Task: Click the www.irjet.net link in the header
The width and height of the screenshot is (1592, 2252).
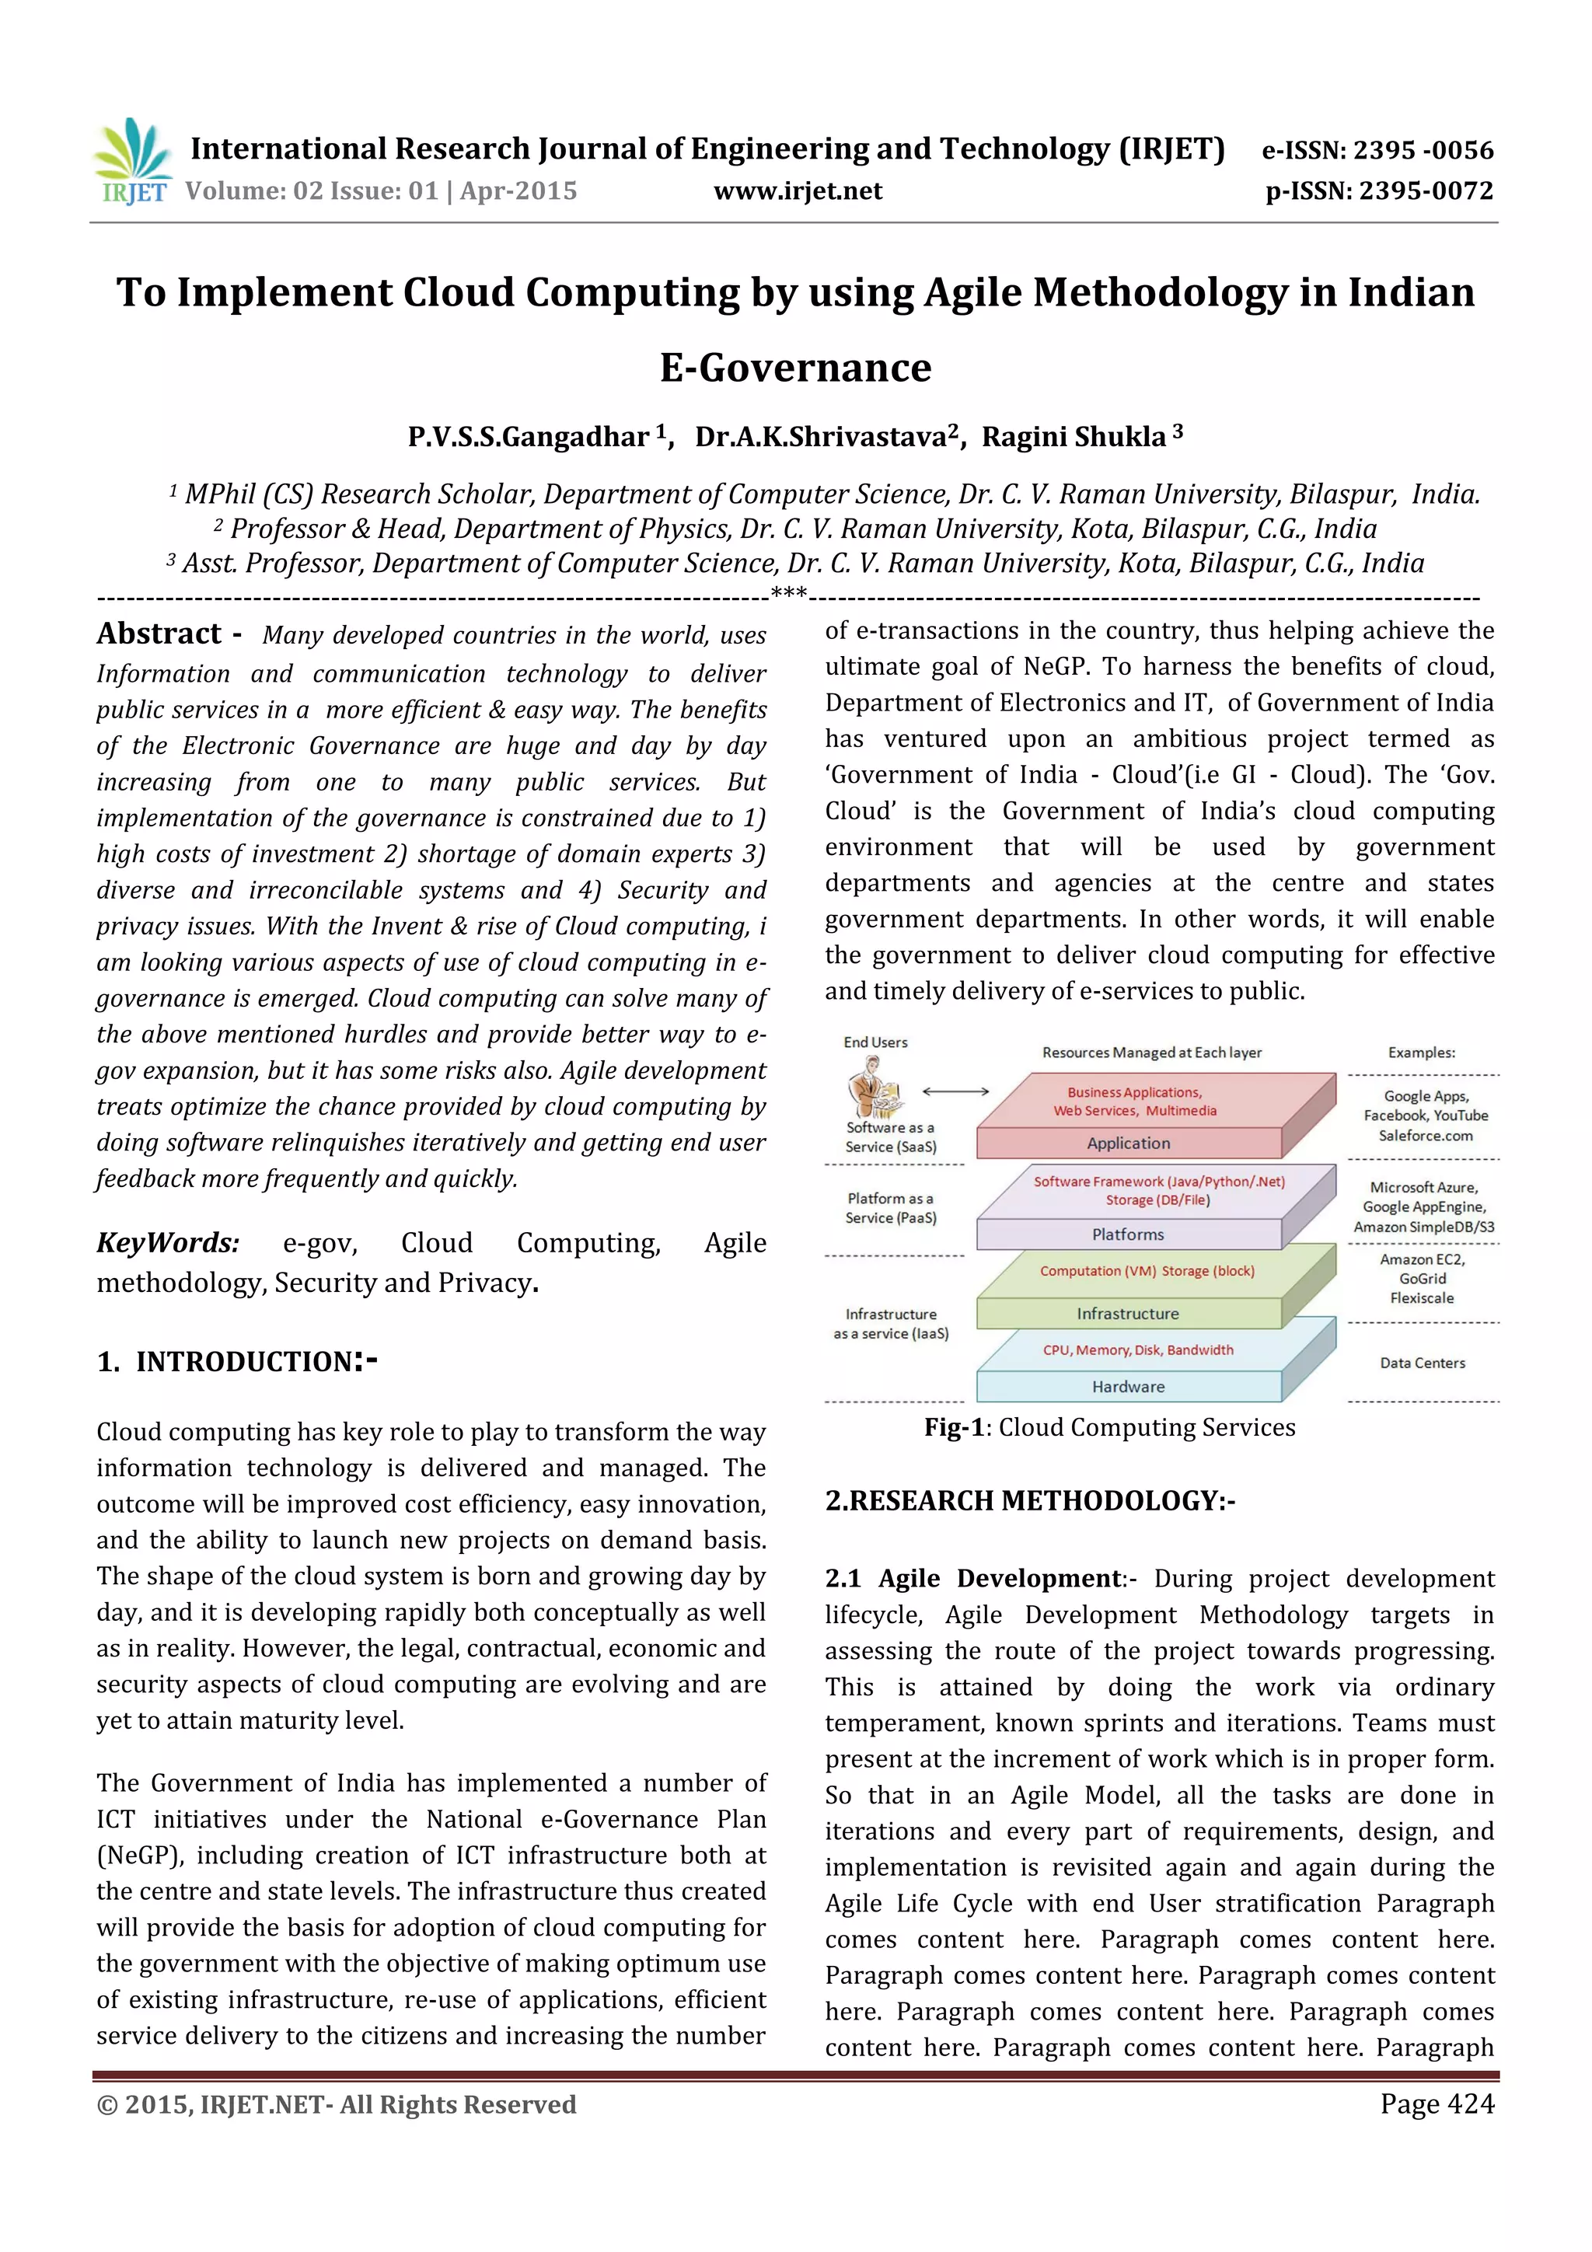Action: coord(798,191)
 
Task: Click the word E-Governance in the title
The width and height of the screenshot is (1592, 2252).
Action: coord(795,368)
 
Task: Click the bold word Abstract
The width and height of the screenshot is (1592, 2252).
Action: coord(159,634)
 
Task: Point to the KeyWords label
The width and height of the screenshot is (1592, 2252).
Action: coord(168,1243)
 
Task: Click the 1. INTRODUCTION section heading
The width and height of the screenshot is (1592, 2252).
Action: coord(236,1361)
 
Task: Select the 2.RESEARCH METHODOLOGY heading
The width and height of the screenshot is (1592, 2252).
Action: coord(1029,1500)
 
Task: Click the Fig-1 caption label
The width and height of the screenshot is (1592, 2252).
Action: coord(954,1427)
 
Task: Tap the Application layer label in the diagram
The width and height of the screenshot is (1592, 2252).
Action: coord(1128,1143)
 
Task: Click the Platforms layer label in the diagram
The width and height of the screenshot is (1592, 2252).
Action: coord(1128,1234)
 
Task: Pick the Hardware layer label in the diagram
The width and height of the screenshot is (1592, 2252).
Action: coord(1128,1386)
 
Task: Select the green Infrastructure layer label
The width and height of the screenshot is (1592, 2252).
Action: coord(1128,1313)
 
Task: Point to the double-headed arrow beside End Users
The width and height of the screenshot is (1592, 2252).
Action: coord(955,1091)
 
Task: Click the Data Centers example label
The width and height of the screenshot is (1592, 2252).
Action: coord(1423,1363)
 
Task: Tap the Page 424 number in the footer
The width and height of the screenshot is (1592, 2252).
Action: coord(1436,2104)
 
